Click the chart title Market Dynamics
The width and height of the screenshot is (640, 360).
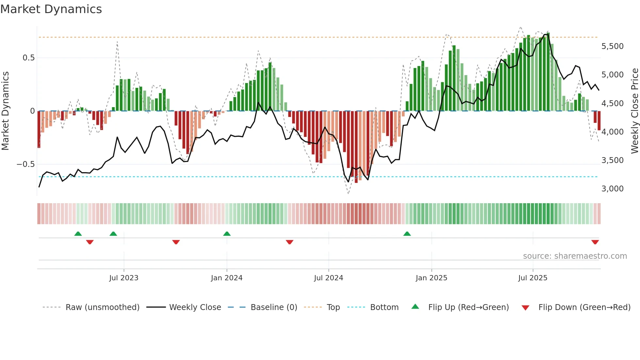[x=51, y=9]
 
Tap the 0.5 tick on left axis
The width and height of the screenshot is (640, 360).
[x=28, y=58]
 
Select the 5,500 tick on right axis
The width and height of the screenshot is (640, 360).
[x=612, y=46]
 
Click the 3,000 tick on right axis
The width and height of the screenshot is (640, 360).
[x=612, y=189]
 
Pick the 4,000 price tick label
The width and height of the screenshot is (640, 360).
[x=612, y=132]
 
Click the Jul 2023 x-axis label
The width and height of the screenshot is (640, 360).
[x=124, y=278]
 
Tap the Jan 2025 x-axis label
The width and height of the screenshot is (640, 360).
[x=431, y=278]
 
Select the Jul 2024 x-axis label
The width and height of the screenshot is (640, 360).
[x=328, y=278]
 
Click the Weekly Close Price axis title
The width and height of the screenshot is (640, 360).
[x=634, y=111]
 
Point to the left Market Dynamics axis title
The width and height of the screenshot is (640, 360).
[x=5, y=111]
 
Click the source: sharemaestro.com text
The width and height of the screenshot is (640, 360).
[x=575, y=256]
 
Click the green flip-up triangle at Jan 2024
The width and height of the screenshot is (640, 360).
[x=227, y=234]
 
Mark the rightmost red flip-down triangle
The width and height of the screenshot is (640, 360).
[x=595, y=242]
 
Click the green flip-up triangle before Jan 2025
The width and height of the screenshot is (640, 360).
[x=407, y=234]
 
